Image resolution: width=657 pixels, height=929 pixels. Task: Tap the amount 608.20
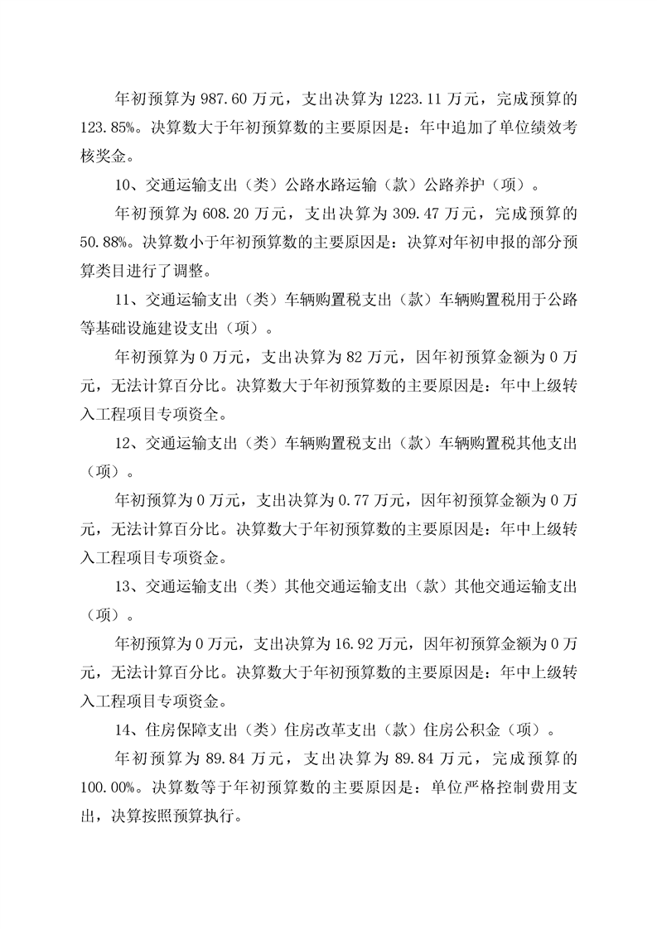coord(229,214)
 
